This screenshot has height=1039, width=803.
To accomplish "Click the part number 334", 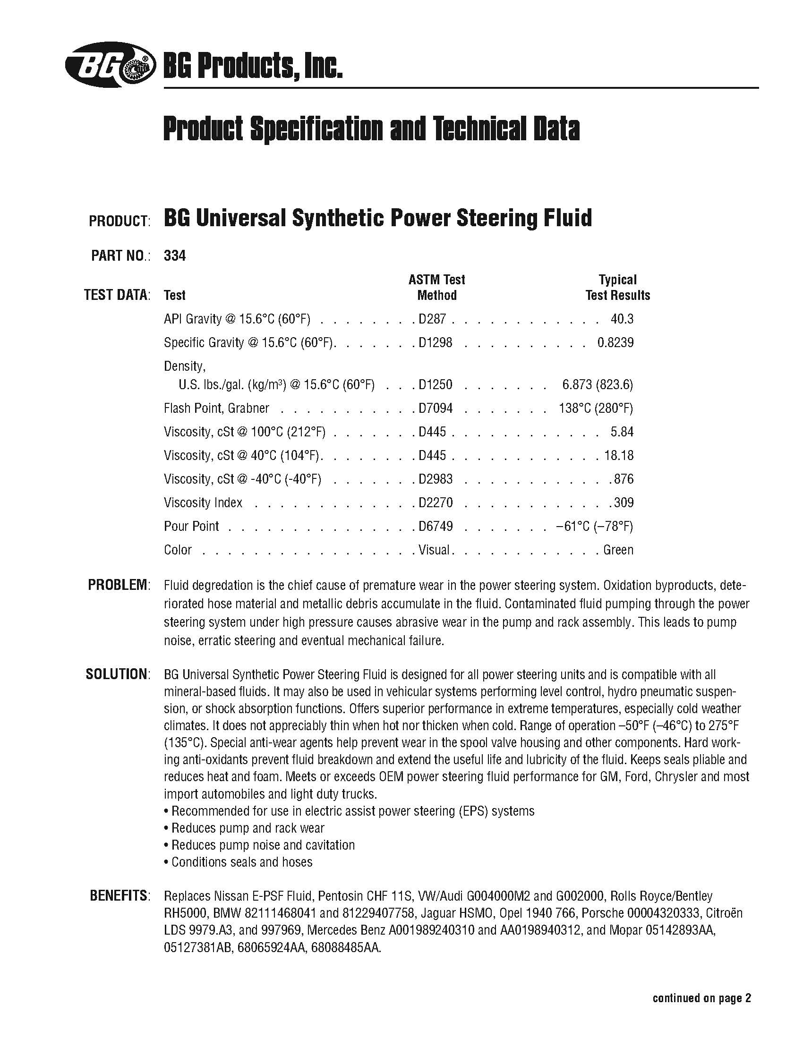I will click(175, 256).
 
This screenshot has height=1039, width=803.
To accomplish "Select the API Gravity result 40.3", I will click(622, 319).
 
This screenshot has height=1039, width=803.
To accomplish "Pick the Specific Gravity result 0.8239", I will click(615, 342).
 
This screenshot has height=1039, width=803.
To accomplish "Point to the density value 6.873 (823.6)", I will click(598, 384).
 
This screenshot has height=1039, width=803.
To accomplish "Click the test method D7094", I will click(436, 408).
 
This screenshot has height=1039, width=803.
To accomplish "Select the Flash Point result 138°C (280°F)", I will click(596, 408).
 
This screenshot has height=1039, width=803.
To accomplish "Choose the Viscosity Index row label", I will click(203, 503).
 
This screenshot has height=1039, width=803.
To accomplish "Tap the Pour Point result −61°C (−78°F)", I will click(594, 526).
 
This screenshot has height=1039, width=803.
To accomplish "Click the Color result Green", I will click(618, 550).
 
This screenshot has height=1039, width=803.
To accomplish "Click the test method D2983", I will click(436, 479).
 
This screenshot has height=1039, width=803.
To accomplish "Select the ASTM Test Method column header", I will click(437, 287).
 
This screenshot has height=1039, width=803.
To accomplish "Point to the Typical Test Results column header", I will click(617, 287).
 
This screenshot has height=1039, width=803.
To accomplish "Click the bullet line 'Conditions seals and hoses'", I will click(239, 862).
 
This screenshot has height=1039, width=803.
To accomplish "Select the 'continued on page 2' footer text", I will click(701, 985).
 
